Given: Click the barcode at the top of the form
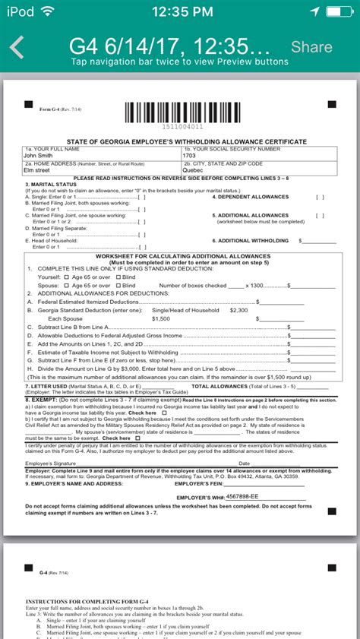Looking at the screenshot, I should [x=179, y=112].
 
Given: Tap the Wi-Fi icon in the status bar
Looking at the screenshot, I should [x=49, y=11].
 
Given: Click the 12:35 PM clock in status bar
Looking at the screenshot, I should [x=180, y=11].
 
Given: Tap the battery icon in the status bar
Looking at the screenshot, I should [x=340, y=11].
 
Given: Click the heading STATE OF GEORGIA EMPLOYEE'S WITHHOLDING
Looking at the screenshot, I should [x=179, y=141].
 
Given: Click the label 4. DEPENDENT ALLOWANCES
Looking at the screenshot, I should [x=249, y=196].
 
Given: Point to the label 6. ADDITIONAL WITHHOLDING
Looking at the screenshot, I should [x=251, y=240].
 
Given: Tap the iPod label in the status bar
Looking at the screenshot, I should [x=18, y=11].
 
